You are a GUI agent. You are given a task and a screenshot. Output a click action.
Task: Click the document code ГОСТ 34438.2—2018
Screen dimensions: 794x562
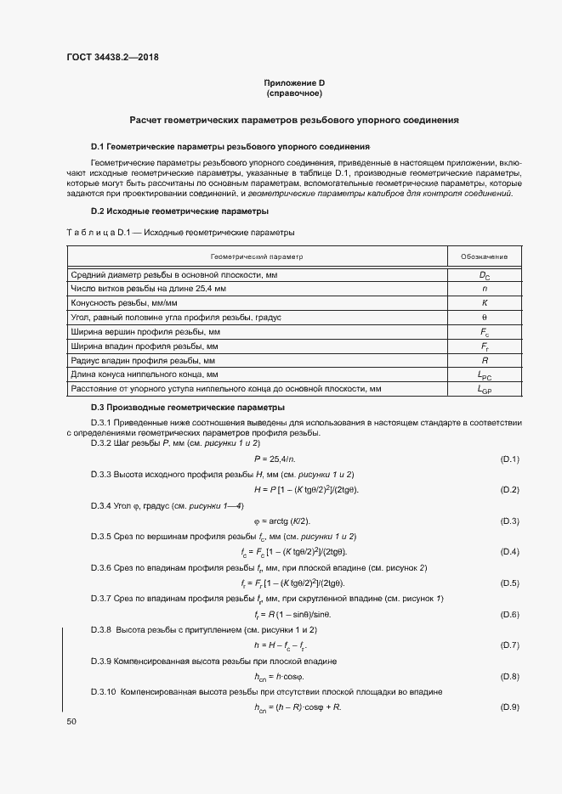click(x=112, y=59)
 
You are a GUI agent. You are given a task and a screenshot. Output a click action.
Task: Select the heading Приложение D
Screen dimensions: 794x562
click(x=294, y=82)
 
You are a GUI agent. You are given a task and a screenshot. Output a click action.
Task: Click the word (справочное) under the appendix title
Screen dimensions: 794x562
click(x=294, y=93)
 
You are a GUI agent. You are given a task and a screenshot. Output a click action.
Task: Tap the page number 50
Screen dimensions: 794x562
click(x=71, y=721)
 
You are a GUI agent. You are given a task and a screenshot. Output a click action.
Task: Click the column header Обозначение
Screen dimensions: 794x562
click(x=484, y=256)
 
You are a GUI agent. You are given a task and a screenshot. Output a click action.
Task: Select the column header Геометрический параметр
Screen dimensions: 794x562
click(x=256, y=256)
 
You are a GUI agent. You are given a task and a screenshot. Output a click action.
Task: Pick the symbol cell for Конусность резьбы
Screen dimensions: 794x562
click(x=485, y=302)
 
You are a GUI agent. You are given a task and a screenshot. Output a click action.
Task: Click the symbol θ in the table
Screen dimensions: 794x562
click(x=485, y=317)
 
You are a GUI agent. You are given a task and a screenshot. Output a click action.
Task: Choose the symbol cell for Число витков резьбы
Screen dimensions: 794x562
click(x=485, y=289)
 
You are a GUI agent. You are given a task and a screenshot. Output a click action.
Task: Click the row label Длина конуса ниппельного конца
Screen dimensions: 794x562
click(x=145, y=374)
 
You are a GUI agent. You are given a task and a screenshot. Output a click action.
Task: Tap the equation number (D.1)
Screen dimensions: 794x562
click(x=509, y=459)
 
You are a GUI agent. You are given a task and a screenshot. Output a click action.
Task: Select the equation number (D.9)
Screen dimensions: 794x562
click(x=509, y=707)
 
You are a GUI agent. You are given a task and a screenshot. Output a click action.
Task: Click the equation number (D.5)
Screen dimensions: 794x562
click(x=509, y=583)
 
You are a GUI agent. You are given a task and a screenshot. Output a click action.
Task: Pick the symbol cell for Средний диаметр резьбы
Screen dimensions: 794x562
click(x=485, y=275)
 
